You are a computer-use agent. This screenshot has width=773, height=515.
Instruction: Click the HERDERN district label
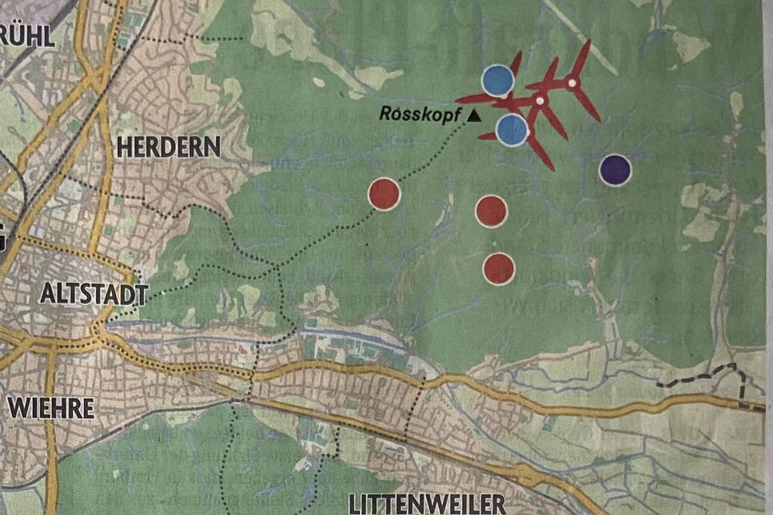(x=168, y=146)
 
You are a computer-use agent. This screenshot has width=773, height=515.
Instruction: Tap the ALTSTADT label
(x=94, y=293)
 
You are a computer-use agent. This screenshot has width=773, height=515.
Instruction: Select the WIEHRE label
(x=51, y=409)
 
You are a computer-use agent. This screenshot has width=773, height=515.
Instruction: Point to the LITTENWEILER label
(x=427, y=503)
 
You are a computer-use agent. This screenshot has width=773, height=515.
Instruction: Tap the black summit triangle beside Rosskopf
(x=474, y=116)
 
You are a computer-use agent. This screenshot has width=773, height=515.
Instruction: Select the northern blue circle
(x=497, y=81)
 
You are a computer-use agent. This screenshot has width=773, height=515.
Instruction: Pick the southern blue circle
(x=512, y=129)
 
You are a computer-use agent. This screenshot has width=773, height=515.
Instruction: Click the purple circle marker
(x=615, y=170)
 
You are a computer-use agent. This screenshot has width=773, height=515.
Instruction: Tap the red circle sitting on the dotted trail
(x=383, y=194)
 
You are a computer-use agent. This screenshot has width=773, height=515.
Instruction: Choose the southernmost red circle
(x=499, y=268)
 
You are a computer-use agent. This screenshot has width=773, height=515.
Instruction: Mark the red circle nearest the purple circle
(x=491, y=211)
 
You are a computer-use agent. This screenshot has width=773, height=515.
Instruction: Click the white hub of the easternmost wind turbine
(x=572, y=82)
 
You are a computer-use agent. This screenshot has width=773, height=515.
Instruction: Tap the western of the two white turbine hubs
(x=540, y=100)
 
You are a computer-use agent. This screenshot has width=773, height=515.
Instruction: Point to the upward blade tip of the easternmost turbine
(x=587, y=43)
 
